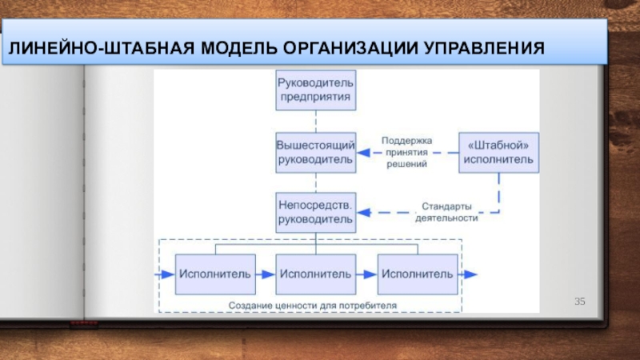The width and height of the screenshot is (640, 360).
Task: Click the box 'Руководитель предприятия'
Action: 315,90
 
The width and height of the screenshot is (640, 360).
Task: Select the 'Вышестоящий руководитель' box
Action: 315,152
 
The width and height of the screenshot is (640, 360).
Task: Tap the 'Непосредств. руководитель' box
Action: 315,212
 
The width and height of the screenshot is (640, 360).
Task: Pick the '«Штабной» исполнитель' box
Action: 498,152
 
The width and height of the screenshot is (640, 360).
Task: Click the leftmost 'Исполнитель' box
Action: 215,274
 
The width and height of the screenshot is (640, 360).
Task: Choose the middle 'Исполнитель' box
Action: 315,274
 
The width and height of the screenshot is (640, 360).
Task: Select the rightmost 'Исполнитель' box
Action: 418,274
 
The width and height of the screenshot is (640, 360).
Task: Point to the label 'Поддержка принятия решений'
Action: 406,152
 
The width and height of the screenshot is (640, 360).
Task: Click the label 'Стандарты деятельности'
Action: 446,212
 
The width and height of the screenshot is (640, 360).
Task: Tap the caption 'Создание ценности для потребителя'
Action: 312,306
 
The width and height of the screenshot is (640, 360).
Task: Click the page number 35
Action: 579,302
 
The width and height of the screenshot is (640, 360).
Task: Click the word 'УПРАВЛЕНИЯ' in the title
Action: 484,48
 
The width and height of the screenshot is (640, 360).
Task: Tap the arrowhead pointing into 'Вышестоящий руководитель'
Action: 364,153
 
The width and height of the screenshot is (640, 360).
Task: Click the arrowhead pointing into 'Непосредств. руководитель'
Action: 364,212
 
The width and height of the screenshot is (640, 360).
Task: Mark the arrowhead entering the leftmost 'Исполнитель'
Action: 167,274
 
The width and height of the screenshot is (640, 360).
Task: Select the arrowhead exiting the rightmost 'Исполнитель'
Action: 470,274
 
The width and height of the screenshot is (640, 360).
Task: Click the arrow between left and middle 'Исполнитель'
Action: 266,274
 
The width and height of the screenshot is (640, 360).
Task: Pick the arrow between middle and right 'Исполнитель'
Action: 366,274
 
